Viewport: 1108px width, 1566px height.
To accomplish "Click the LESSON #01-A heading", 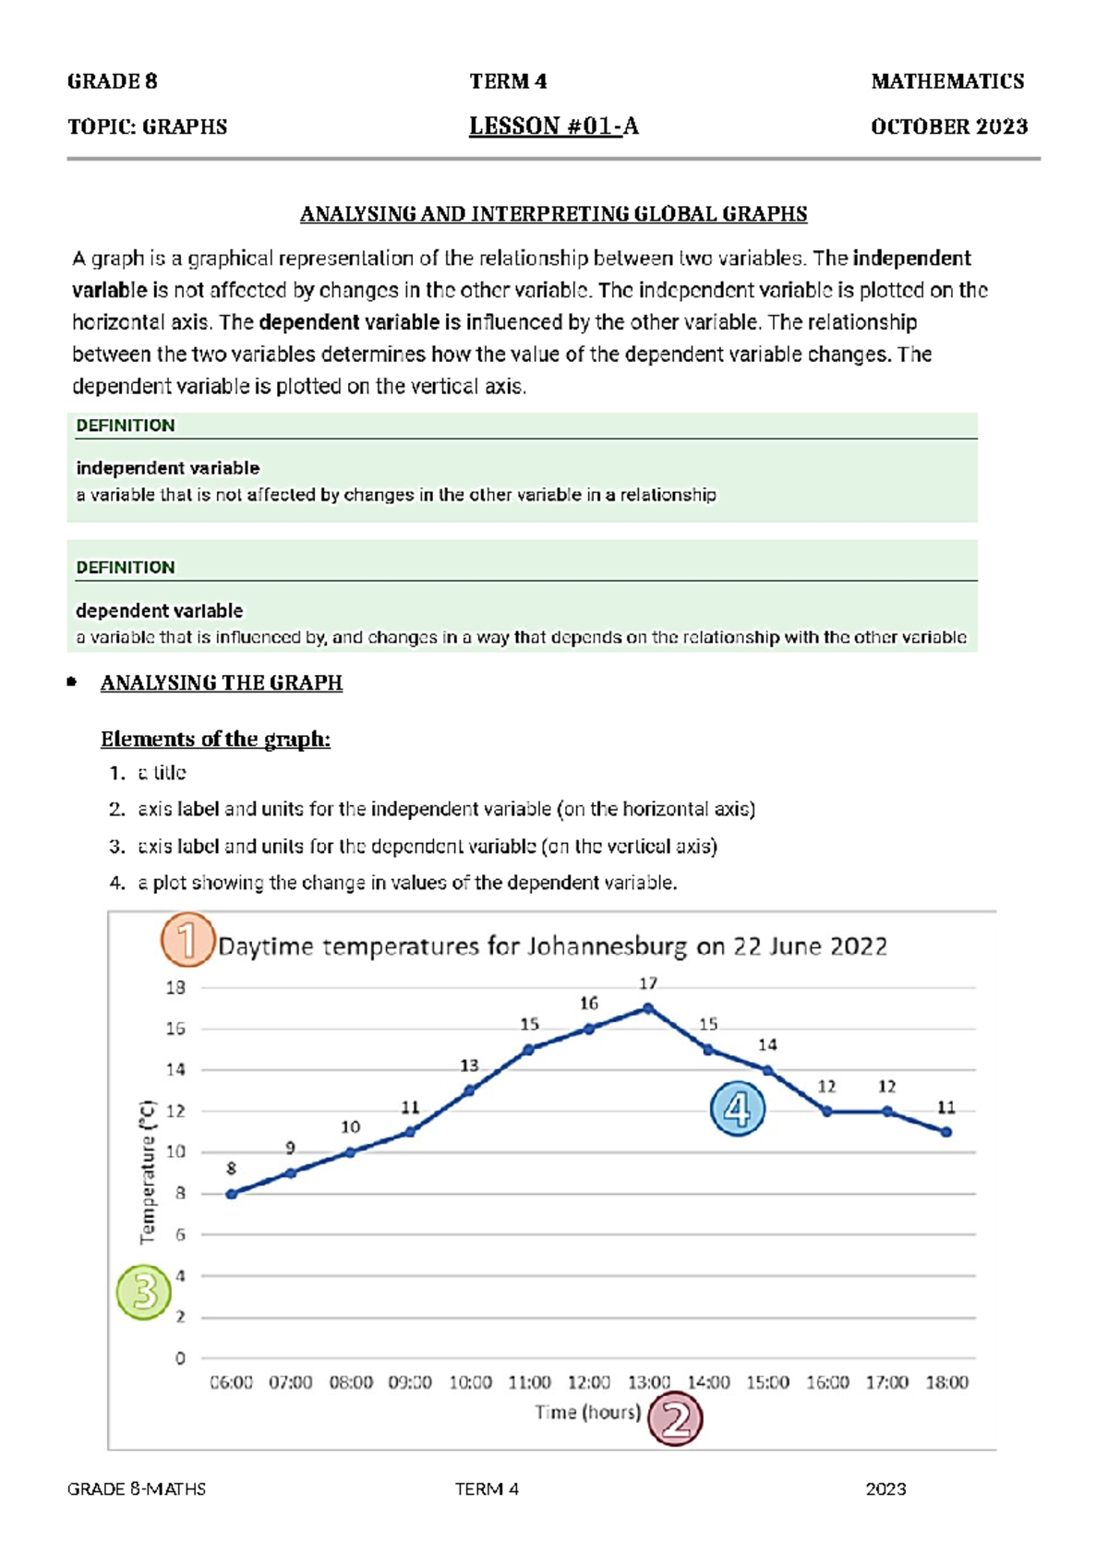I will point(553,126).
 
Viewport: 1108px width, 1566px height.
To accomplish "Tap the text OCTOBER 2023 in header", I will point(948,126).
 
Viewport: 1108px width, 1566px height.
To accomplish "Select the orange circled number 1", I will point(187,940).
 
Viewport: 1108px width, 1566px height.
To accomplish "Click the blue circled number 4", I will point(737,1108).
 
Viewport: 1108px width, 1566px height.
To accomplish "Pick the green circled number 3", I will point(144,1292).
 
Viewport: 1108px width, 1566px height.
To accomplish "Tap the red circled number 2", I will point(675,1419).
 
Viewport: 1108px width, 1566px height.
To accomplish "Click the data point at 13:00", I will point(648,1008).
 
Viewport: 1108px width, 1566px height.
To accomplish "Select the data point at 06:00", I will point(232,1194).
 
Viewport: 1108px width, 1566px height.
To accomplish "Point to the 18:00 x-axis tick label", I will point(946,1382).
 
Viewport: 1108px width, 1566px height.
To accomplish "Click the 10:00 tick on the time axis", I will point(470,1382).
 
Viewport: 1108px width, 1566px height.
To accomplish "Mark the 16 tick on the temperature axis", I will point(175,1029).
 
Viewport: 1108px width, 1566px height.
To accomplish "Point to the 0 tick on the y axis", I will point(180,1358).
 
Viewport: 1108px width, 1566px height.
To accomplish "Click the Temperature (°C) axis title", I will point(148,1172).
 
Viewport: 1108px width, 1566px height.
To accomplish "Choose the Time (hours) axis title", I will point(587,1412).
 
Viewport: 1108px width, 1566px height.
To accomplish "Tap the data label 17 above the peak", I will point(648,983).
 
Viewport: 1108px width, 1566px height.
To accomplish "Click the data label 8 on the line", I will point(232,1169).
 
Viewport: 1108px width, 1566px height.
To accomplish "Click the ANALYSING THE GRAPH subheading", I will point(221,682).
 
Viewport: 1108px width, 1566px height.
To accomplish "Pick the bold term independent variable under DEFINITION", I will point(167,468).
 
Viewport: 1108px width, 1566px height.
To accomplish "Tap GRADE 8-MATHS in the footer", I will point(137,1488).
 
